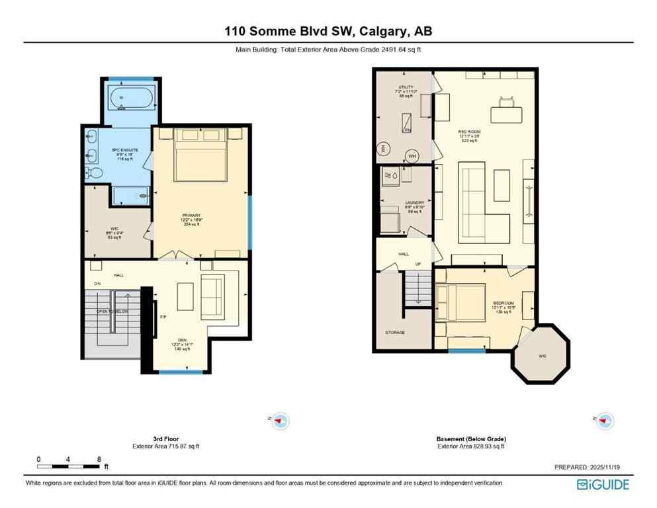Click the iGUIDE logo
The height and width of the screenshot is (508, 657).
pyautogui.click(x=603, y=484)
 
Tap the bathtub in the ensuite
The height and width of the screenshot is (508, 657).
pyautogui.click(x=130, y=99)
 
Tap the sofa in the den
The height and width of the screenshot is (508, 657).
pyautogui.click(x=212, y=295)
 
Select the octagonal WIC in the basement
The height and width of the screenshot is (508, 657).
pyautogui.click(x=542, y=355)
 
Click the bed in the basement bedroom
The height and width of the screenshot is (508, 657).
pyautogui.click(x=461, y=302)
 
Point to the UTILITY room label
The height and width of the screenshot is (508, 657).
pyautogui.click(x=406, y=87)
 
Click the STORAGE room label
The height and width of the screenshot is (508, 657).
pyautogui.click(x=395, y=332)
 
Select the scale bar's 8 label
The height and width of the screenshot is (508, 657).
pyautogui.click(x=99, y=458)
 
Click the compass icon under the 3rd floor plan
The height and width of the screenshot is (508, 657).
pyautogui.click(x=281, y=420)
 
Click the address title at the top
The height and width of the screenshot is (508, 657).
pyautogui.click(x=328, y=31)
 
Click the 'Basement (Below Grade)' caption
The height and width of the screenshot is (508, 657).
pyautogui.click(x=471, y=439)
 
